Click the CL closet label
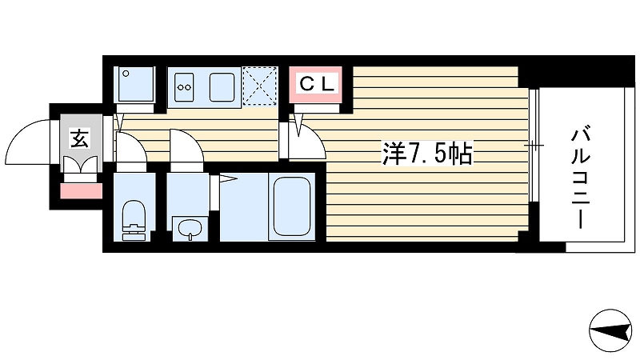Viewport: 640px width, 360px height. tap(317, 84)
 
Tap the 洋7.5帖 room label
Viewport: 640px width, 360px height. tap(427, 153)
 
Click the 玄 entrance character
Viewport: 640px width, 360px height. tap(80, 138)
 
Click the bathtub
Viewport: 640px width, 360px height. tap(291, 207)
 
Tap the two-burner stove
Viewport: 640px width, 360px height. tap(184, 87)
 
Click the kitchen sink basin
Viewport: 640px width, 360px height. tap(222, 87)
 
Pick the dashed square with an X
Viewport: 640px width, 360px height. tap(260, 86)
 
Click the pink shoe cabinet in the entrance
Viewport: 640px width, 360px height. tap(82, 190)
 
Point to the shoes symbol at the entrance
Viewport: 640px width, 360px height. tap(82, 166)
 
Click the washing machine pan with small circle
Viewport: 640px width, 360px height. tap(136, 84)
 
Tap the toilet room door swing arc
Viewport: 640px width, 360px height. tap(134, 144)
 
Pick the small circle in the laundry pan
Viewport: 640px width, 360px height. tap(126, 74)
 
